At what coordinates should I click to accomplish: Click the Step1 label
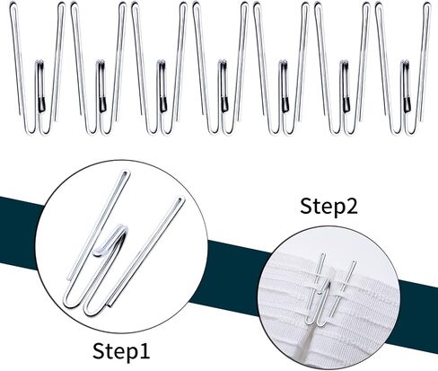click(121, 351)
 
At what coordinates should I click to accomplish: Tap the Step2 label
click(328, 206)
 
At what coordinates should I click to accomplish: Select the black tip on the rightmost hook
click(407, 105)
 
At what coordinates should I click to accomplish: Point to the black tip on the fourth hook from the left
click(224, 104)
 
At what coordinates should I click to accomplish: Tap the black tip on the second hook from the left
click(102, 104)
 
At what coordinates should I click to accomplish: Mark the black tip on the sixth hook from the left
click(346, 105)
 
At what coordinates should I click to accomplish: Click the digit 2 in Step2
click(351, 206)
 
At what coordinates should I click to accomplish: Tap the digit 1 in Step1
click(144, 351)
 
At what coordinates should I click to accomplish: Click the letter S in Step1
click(98, 351)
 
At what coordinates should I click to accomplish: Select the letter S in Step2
click(306, 207)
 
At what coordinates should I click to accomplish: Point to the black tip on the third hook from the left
click(163, 104)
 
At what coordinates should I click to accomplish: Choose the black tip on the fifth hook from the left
click(285, 104)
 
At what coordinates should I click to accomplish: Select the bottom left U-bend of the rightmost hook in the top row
click(396, 131)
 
